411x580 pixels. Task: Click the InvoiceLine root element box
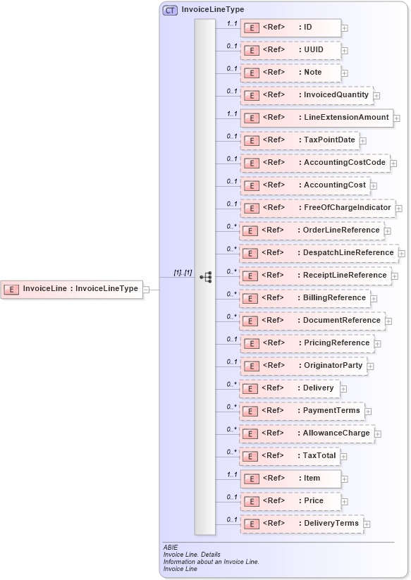pos(72,288)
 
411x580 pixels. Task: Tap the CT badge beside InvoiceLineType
pos(170,11)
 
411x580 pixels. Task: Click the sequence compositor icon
pos(206,277)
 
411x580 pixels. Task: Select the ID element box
pos(290,27)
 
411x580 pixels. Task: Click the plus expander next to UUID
pos(345,51)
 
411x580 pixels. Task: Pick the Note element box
pos(290,73)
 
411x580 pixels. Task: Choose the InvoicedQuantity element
pos(305,95)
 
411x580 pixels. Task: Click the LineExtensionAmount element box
pos(316,118)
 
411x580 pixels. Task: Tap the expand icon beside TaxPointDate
pos(363,141)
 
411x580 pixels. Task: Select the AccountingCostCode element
pos(314,163)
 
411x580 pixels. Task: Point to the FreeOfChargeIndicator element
pos(317,208)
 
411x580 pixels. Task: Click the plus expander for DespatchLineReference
pos(402,253)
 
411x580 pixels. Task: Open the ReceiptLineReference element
pos(314,276)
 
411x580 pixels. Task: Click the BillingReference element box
pos(304,298)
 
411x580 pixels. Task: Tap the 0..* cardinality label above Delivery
pos(231,384)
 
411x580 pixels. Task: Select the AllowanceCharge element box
pos(306,433)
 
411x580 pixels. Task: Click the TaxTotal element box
pos(289,456)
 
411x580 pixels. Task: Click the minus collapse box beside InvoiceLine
pos(146,288)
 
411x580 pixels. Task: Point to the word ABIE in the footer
pos(170,548)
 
